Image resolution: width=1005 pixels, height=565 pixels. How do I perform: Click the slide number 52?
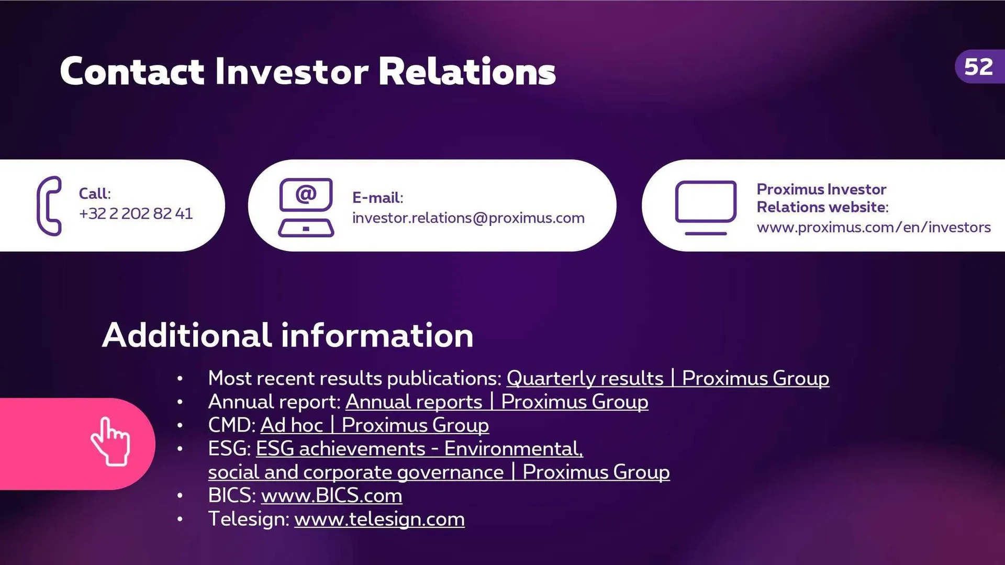tap(978, 67)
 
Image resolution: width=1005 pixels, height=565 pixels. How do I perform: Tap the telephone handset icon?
tap(49, 206)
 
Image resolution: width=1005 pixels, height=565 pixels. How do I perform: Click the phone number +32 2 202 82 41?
tap(136, 213)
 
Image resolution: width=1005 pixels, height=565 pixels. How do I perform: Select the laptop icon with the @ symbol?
tap(306, 207)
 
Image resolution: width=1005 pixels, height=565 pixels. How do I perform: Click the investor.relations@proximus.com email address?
tap(468, 218)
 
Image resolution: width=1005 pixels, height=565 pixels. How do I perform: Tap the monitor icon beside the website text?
tap(706, 207)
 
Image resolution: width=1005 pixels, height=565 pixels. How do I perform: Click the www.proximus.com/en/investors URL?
tap(873, 228)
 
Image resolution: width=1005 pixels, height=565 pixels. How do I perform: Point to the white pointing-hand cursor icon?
tap(110, 442)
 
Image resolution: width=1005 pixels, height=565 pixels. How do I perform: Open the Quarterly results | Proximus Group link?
tap(667, 378)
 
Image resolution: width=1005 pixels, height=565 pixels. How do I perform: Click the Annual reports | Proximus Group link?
tap(496, 402)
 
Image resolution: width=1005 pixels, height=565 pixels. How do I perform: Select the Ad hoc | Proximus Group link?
tap(374, 425)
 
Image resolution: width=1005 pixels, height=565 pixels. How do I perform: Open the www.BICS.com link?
tap(331, 495)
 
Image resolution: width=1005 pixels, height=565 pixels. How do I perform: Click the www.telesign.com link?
tap(379, 519)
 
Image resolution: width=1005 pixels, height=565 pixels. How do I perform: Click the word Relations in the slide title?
tap(466, 71)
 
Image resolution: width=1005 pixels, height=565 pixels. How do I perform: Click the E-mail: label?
tap(377, 198)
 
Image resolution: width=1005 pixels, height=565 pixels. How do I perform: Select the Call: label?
tap(95, 194)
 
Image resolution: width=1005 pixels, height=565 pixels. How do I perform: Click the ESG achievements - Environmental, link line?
tap(419, 449)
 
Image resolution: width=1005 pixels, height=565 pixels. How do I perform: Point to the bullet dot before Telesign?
tap(180, 519)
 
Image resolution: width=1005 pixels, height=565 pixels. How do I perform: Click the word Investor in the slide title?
tap(291, 71)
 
